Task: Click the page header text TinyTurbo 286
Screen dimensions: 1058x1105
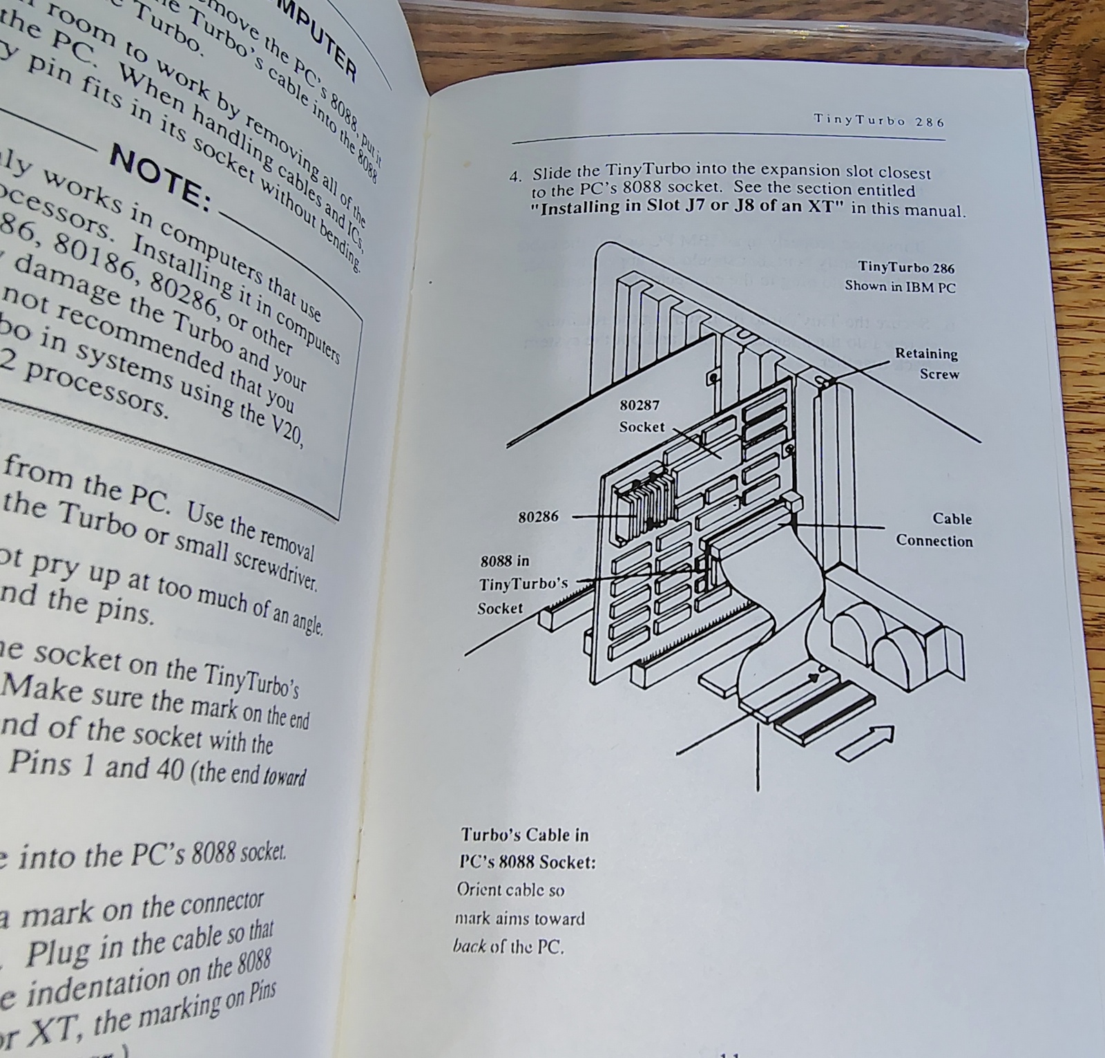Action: click(878, 120)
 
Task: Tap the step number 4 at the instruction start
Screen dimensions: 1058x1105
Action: click(514, 176)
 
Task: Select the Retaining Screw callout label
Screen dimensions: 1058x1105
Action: click(927, 363)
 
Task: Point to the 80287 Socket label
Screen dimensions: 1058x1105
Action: click(640, 416)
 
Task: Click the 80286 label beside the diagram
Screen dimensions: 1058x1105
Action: click(538, 516)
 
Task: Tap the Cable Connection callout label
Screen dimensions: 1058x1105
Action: click(934, 529)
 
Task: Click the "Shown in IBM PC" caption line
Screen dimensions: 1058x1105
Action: click(899, 286)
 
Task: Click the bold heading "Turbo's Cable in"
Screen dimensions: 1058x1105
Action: click(524, 835)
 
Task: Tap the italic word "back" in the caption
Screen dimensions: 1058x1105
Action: click(469, 946)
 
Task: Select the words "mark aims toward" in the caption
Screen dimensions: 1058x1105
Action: click(519, 918)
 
